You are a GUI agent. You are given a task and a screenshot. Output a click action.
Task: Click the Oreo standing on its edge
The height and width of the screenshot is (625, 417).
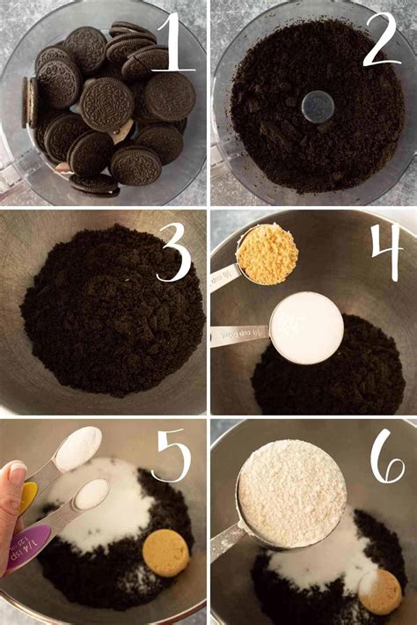coord(31,101)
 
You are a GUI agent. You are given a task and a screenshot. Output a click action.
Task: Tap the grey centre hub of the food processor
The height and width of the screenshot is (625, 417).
coord(317,107)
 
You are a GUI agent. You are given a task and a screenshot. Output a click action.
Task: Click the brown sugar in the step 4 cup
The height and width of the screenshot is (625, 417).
coord(266,254)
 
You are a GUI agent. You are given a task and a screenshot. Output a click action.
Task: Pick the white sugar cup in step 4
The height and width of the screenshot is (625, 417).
coord(306,326)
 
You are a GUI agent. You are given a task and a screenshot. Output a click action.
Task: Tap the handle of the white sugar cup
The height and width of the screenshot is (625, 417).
coord(238,335)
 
